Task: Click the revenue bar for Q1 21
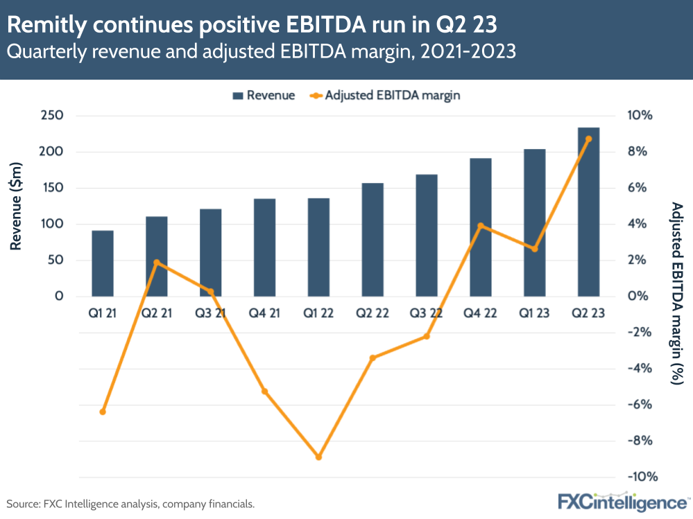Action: point(103,263)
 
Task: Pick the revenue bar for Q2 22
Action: point(373,240)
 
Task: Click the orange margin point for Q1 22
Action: point(318,457)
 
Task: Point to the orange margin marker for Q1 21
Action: point(103,412)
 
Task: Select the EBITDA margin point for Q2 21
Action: point(157,263)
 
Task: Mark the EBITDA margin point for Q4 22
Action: point(480,226)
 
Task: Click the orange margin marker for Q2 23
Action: point(588,139)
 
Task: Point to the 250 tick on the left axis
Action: point(51,116)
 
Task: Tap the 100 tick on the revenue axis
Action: point(51,225)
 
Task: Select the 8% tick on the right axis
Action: point(638,152)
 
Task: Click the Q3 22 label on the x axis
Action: point(426,313)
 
